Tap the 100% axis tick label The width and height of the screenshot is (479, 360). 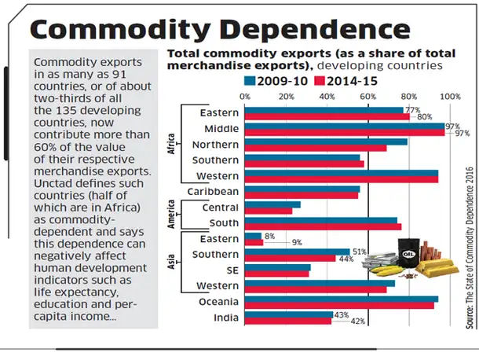click(451, 96)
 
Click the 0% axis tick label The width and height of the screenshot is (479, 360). click(246, 96)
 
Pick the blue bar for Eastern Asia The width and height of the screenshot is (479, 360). click(254, 235)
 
